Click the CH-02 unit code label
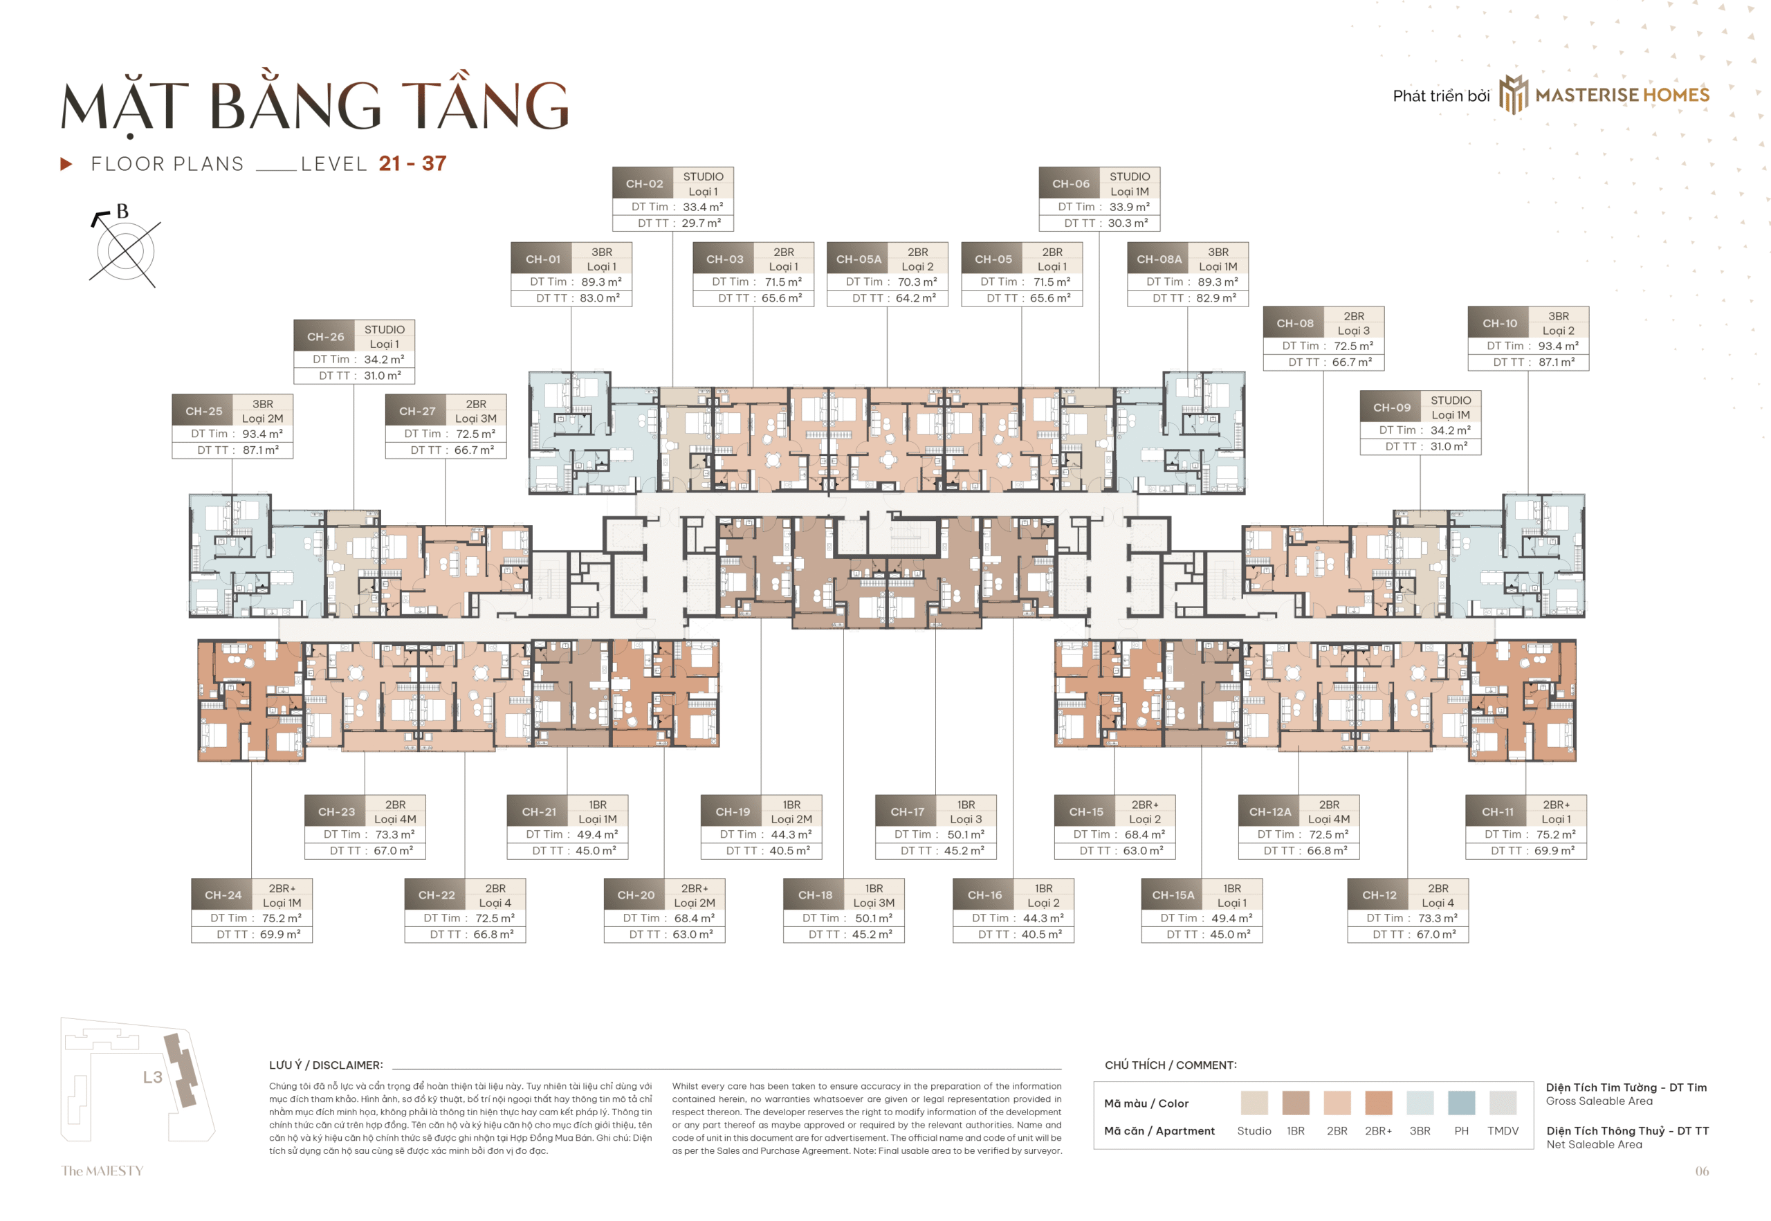(x=643, y=183)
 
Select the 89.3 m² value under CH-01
(x=600, y=282)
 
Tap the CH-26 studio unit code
(x=325, y=337)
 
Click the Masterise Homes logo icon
(x=1512, y=95)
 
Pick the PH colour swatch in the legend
(x=1460, y=1103)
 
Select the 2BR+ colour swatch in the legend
(x=1378, y=1103)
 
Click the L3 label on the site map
(x=152, y=1077)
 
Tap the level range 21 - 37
(x=412, y=163)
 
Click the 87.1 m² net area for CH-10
(x=1556, y=362)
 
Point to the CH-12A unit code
(x=1269, y=811)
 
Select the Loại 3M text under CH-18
(x=873, y=903)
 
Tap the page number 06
(x=1700, y=1170)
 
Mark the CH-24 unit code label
(x=223, y=895)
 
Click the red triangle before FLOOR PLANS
(x=66, y=164)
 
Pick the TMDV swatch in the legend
(x=1502, y=1103)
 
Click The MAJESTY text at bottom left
(x=102, y=1170)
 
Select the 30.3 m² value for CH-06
(x=1128, y=223)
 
